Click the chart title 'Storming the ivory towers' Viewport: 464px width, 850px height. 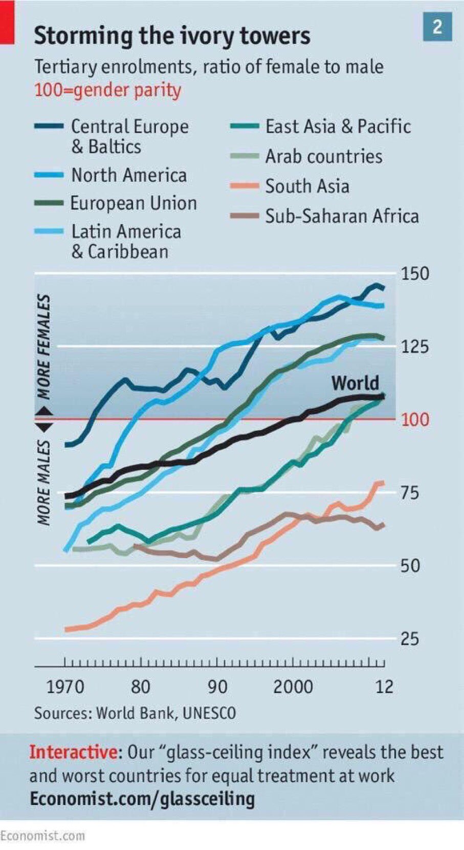pyautogui.click(x=172, y=36)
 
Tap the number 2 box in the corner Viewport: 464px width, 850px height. pyautogui.click(x=437, y=27)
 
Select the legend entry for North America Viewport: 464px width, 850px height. pyautogui.click(x=128, y=175)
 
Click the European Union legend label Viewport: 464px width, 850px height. pyautogui.click(x=133, y=204)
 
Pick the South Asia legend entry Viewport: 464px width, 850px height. pyautogui.click(x=307, y=187)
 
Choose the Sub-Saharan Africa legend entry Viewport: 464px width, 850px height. pyautogui.click(x=341, y=216)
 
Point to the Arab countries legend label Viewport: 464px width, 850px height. pyautogui.click(x=323, y=156)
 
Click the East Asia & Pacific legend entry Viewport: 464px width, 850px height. pyautogui.click(x=338, y=127)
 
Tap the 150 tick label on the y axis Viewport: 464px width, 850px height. pyautogui.click(x=415, y=274)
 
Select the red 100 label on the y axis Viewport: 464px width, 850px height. pyautogui.click(x=415, y=420)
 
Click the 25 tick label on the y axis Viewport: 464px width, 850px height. pyautogui.click(x=409, y=639)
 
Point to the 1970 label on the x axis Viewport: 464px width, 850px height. pyautogui.click(x=65, y=686)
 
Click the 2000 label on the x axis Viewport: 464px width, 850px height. pyautogui.click(x=293, y=686)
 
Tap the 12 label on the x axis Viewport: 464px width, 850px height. pyautogui.click(x=384, y=686)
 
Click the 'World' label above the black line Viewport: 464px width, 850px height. pyautogui.click(x=355, y=383)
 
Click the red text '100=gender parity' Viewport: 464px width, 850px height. pyautogui.click(x=107, y=91)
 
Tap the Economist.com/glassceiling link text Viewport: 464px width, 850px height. pyautogui.click(x=142, y=798)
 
